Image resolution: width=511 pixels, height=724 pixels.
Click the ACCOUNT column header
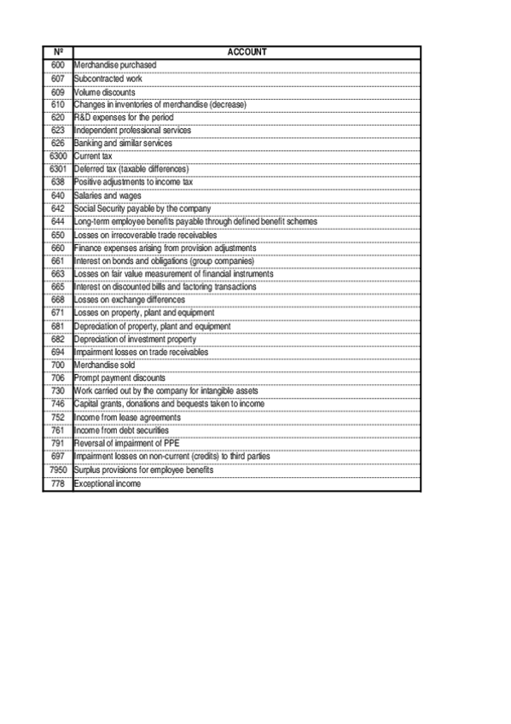click(x=247, y=52)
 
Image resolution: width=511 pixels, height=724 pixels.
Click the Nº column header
click(x=58, y=52)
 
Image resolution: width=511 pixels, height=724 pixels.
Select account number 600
click(x=58, y=65)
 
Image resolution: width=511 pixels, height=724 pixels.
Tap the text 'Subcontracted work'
click(x=107, y=79)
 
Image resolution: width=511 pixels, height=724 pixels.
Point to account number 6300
click(x=58, y=156)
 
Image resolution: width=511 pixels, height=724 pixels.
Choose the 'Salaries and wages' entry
click(x=107, y=196)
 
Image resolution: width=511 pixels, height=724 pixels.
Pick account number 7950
click(x=58, y=470)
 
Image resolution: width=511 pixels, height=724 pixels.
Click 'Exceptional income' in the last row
click(x=107, y=484)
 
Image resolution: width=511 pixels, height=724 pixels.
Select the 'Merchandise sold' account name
click(x=104, y=365)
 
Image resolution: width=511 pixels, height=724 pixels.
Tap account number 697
click(x=58, y=458)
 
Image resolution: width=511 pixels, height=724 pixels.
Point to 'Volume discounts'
click(x=104, y=91)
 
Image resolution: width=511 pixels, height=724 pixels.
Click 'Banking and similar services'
click(x=123, y=143)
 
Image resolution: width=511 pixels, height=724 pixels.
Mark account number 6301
click(x=58, y=169)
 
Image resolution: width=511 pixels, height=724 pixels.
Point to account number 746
click(x=58, y=404)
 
